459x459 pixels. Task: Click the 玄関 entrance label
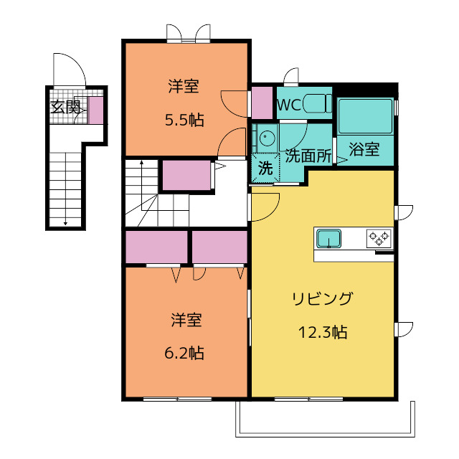click(x=65, y=107)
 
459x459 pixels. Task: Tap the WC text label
click(x=289, y=105)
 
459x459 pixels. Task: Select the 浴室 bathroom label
click(x=364, y=149)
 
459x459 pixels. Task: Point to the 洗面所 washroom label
click(x=308, y=156)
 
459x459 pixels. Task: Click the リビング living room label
click(x=322, y=298)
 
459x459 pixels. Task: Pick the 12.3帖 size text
click(x=323, y=332)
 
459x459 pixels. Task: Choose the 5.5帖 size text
click(x=184, y=120)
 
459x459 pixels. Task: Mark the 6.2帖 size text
click(x=184, y=353)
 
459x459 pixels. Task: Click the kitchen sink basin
click(x=329, y=238)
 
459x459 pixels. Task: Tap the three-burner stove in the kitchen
click(x=379, y=238)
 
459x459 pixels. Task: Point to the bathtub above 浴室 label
click(x=365, y=116)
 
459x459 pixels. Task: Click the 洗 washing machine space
click(x=265, y=168)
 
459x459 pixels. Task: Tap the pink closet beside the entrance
click(x=95, y=110)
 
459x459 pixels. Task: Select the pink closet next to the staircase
click(x=186, y=175)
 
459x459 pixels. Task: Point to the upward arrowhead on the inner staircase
click(x=142, y=162)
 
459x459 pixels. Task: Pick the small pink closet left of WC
click(x=262, y=103)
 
